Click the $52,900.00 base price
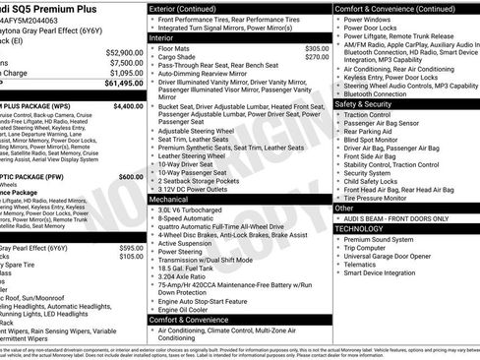click(124, 52)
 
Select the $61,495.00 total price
click(123, 84)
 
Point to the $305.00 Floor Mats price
click(317, 48)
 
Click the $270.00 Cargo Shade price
click(317, 57)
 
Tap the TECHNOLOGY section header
click(361, 227)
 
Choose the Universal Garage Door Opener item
click(391, 255)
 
